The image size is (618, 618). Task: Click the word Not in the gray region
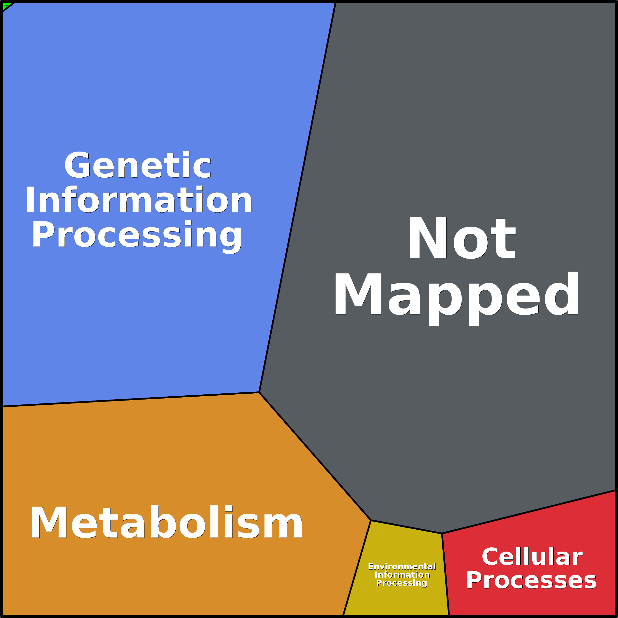tap(461, 238)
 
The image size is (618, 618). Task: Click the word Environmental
tap(402, 567)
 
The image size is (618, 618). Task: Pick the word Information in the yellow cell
tap(402, 575)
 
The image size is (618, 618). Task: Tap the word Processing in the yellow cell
tap(402, 583)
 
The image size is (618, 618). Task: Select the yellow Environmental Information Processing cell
tap(400, 544)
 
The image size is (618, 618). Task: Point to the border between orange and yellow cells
tap(357, 568)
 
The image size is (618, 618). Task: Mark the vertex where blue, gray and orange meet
tap(259, 392)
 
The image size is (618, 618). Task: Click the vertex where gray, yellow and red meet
tap(442, 534)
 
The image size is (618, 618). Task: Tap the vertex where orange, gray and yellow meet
tap(371, 520)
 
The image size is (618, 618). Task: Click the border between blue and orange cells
tap(128, 400)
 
